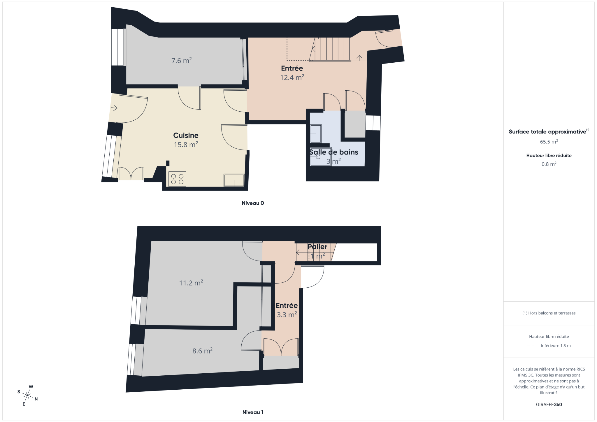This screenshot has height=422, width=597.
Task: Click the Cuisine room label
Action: pos(186,135)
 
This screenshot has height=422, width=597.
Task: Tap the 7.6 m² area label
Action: pos(181,60)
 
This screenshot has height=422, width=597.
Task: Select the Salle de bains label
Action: pos(334,152)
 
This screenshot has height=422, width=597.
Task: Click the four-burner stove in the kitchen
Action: pos(177,179)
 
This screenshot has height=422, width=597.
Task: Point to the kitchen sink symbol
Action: pos(234,180)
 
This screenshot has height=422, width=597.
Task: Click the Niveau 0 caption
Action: pos(253,203)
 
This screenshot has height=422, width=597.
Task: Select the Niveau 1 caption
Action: pos(253,412)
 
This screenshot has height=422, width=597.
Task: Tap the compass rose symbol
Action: pos(27,395)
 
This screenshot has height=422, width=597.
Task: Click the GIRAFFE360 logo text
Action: pos(549,405)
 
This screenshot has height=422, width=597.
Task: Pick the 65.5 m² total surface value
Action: pos(549,142)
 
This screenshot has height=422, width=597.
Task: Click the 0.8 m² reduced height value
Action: pos(549,164)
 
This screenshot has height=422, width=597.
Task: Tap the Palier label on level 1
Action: pos(317,247)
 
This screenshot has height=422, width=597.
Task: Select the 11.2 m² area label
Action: pos(191,283)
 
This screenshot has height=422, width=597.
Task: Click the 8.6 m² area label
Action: pos(202,351)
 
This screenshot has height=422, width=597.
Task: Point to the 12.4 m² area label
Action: pos(292,77)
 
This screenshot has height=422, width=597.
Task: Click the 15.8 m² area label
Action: pos(186,144)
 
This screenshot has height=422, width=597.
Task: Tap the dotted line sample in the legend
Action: pos(532,346)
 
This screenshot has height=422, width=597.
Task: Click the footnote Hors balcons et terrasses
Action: pos(549,313)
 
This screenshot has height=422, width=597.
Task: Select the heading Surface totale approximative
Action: pos(547,132)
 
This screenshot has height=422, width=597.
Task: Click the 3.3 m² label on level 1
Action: pos(287,315)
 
